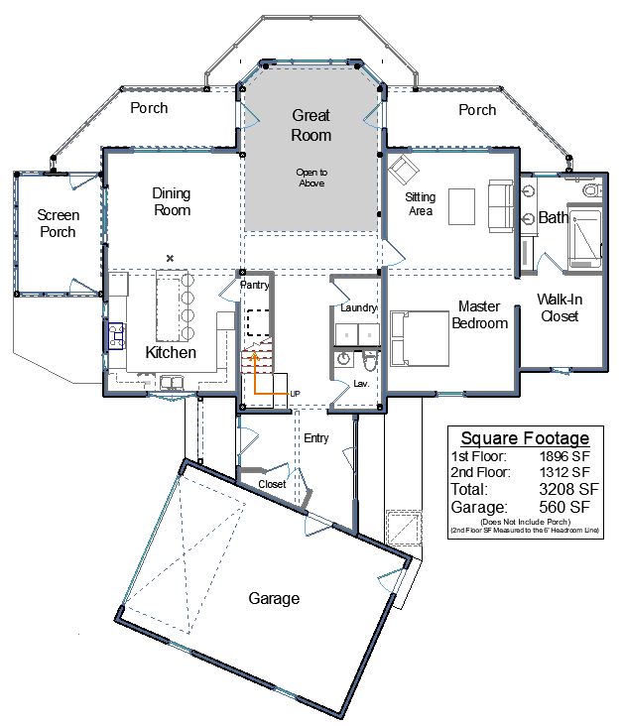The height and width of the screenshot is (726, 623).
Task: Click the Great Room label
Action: tap(311, 125)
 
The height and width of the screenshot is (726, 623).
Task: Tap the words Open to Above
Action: tap(311, 178)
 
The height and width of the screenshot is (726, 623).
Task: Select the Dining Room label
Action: tap(172, 202)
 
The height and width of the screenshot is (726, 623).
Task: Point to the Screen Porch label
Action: tap(58, 223)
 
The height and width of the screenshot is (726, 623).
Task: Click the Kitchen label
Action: tap(171, 352)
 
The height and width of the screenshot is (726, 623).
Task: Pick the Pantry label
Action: tap(254, 285)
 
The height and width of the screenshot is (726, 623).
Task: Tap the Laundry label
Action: tap(359, 307)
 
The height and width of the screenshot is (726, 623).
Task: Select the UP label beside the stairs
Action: tap(295, 394)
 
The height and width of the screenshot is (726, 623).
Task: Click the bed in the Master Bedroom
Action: tap(420, 338)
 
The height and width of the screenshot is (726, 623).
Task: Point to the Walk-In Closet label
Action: tap(560, 307)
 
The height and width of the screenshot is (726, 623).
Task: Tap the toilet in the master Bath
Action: tap(592, 189)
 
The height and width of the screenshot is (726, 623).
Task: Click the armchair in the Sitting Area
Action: tap(403, 169)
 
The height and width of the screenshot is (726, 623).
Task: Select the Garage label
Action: tap(274, 598)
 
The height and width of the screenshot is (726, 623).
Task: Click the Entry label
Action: tap(316, 438)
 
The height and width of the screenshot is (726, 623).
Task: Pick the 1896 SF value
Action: tap(564, 456)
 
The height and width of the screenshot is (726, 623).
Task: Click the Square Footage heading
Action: tap(525, 438)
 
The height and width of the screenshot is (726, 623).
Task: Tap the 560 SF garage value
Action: tap(564, 507)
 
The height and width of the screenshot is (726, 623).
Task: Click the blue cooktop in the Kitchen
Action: tap(116, 335)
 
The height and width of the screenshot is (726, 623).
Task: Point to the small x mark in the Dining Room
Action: tap(170, 258)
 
